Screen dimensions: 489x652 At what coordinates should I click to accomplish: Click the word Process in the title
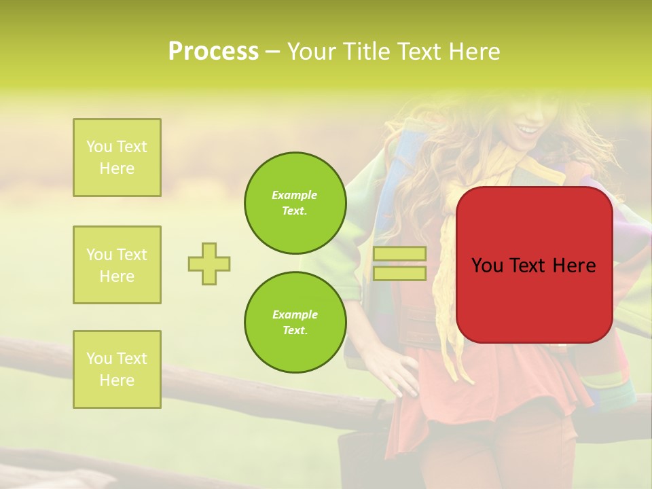click(x=213, y=52)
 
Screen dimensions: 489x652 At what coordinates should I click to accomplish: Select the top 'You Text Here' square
click(x=117, y=158)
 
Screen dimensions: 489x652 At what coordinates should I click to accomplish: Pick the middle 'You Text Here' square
click(x=117, y=265)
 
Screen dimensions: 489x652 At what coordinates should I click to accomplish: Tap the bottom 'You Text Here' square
click(x=117, y=369)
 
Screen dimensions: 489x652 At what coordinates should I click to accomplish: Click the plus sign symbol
click(x=209, y=264)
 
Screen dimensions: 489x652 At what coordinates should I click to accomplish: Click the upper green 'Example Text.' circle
click(x=295, y=203)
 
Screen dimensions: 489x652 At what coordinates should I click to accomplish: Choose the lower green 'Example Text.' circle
click(x=295, y=323)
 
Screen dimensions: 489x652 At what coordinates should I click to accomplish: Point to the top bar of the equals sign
click(x=399, y=254)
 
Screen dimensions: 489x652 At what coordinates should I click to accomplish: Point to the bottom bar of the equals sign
click(x=399, y=274)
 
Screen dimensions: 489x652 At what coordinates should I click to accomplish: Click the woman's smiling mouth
click(x=526, y=129)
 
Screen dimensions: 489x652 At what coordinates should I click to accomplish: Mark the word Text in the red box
click(x=527, y=266)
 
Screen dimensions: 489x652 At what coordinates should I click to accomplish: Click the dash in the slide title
click(x=272, y=52)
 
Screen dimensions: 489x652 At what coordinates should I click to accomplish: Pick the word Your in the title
click(x=309, y=52)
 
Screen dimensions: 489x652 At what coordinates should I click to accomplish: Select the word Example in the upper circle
click(x=295, y=195)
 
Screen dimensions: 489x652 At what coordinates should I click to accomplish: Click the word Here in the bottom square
click(x=117, y=380)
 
